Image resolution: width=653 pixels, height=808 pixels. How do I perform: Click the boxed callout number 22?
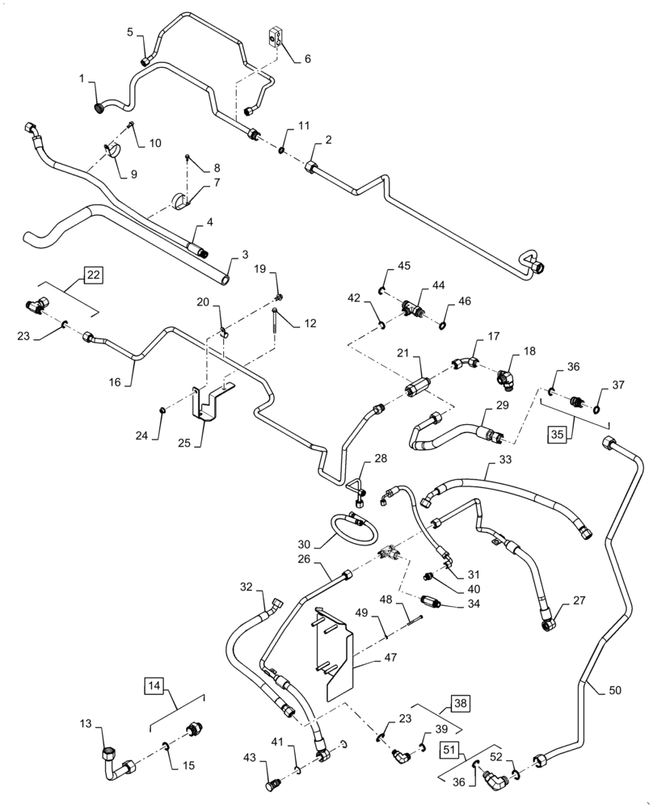[94, 276]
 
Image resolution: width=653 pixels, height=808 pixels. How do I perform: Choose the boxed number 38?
[460, 703]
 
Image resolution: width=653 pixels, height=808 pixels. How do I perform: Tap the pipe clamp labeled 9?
[112, 150]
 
